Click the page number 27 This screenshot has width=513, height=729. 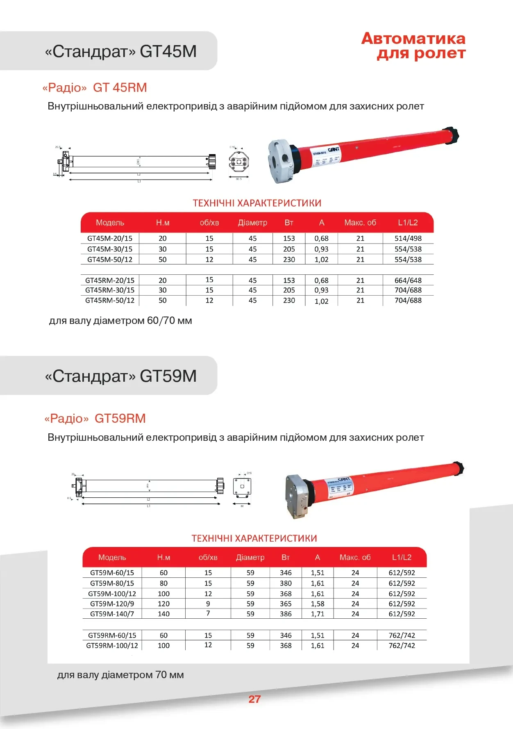(254, 699)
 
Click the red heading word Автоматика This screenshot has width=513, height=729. (413, 39)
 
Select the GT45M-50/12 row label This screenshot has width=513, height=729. (110, 260)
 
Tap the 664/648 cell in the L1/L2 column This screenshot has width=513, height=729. (408, 280)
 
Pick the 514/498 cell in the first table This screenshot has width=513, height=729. (408, 238)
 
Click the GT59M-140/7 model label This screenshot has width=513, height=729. (112, 614)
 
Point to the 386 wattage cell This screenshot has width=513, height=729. (286, 614)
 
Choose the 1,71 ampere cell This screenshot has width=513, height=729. (318, 614)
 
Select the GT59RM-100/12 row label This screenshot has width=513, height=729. (112, 645)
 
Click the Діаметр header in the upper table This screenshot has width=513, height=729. (252, 223)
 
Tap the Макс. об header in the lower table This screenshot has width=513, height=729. (355, 557)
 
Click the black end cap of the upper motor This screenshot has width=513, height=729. (452, 136)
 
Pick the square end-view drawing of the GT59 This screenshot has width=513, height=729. (242, 487)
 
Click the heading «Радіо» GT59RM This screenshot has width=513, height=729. (95, 418)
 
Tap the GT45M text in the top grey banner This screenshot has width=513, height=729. (168, 51)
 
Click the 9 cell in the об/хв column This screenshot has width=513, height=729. (208, 604)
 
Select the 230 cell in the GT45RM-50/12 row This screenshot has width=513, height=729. (289, 301)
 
